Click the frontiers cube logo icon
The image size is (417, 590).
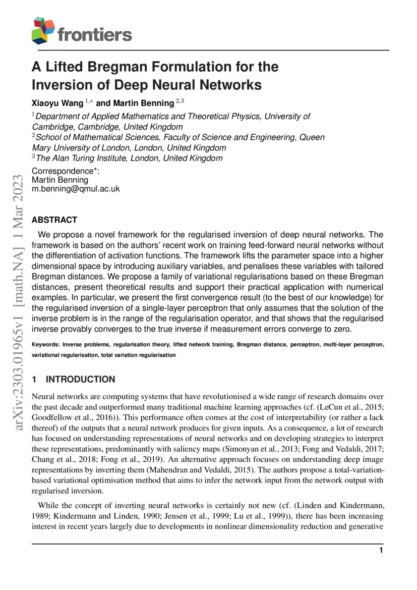43,30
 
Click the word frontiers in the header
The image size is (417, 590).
95,34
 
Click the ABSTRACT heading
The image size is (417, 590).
54,220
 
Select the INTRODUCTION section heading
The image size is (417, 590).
80,379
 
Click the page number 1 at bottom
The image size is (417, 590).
381,550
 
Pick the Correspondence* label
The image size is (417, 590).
66,171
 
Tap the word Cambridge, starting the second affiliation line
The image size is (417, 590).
53,127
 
